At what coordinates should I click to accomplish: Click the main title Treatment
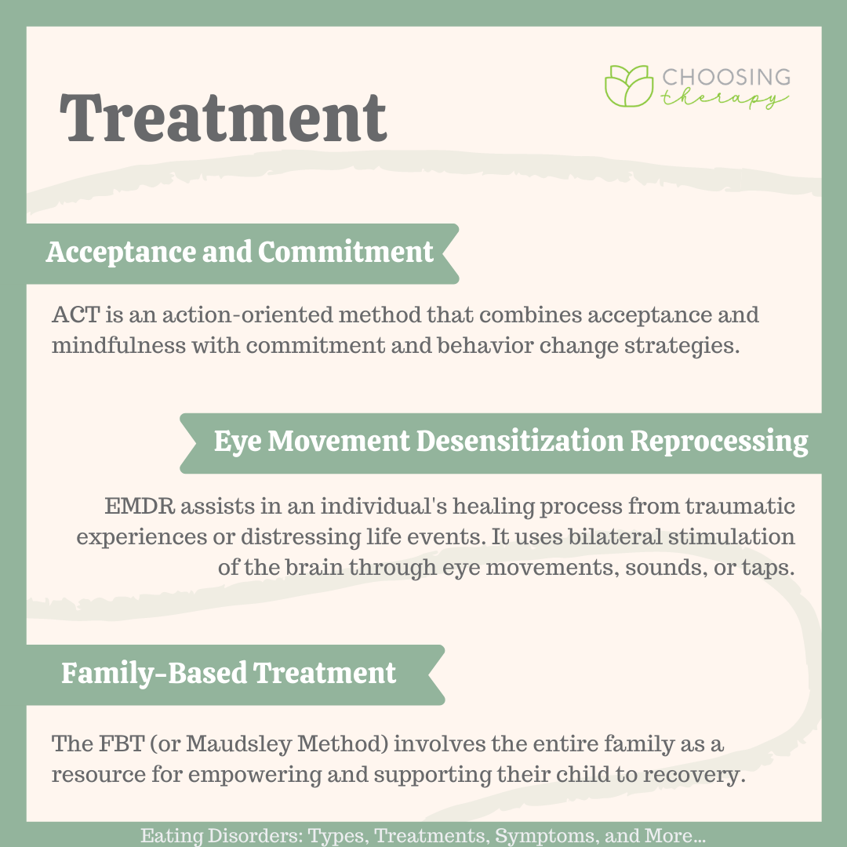pos(223,118)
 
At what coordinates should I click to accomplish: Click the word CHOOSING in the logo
pos(726,77)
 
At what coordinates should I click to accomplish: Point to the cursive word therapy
pos(724,98)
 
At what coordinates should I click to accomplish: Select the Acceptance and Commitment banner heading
pos(239,253)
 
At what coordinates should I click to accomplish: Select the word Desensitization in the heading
pos(520,441)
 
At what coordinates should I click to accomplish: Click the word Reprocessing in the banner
pos(719,442)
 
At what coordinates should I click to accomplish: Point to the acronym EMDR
pos(140,507)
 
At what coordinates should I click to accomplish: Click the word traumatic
pos(740,507)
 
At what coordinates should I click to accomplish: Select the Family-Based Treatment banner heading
pos(228,674)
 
